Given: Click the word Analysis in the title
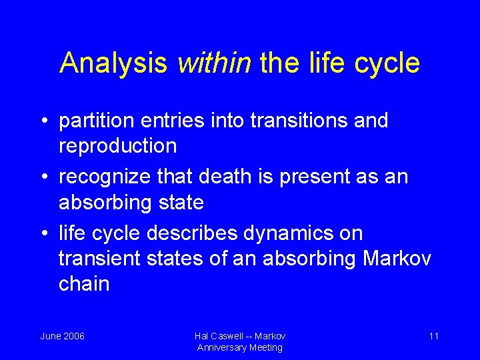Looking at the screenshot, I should [x=114, y=63].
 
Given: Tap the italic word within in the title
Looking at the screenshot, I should [x=214, y=63].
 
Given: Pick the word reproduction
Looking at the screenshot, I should [x=118, y=145].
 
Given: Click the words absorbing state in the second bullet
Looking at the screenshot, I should [x=131, y=202].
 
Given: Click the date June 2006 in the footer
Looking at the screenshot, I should [x=62, y=336].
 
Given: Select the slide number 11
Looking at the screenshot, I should [x=433, y=336].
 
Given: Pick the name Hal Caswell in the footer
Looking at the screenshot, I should [x=219, y=336].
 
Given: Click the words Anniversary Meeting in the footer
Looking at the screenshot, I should [x=240, y=347].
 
